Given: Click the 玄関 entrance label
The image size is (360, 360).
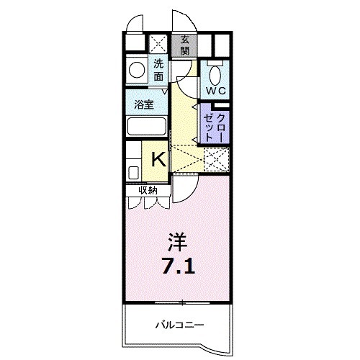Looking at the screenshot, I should [x=185, y=45].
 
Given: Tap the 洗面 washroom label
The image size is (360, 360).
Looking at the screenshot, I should [x=159, y=69].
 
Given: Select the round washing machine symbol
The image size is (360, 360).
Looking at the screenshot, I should [x=135, y=71].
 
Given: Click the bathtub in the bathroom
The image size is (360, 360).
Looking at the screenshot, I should [x=145, y=127].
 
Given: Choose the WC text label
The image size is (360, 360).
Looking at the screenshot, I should [x=217, y=91].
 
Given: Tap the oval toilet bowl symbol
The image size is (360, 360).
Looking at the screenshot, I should [x=215, y=73].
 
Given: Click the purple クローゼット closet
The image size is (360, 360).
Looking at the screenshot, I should [x=215, y=122].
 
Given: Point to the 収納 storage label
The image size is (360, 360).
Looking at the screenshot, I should [x=148, y=190].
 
